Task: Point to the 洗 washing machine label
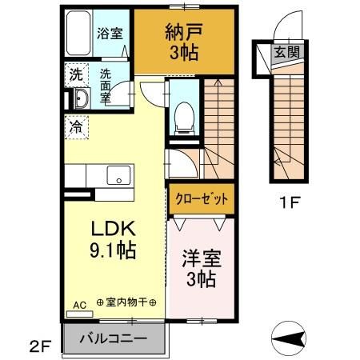[x=75, y=75]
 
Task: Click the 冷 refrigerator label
[x=75, y=126]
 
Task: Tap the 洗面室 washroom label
[x=108, y=85]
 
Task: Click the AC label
[x=80, y=305]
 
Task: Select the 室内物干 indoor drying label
[x=126, y=305]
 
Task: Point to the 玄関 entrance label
[x=286, y=53]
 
